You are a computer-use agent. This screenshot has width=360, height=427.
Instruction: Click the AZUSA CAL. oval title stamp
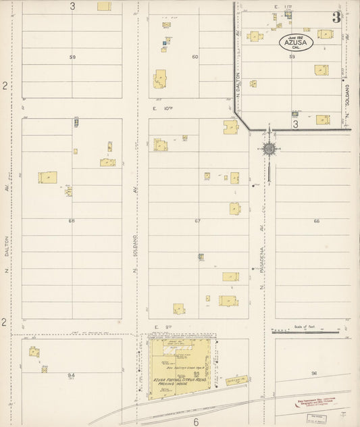click(295, 42)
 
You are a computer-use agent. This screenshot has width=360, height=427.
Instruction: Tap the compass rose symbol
click(269, 148)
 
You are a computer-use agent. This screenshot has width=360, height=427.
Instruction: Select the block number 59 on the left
click(72, 57)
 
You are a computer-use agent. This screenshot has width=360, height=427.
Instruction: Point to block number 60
click(195, 57)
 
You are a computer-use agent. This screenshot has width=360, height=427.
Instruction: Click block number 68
click(72, 220)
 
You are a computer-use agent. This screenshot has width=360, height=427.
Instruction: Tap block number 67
click(198, 221)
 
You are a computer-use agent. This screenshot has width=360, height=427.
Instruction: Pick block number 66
click(315, 221)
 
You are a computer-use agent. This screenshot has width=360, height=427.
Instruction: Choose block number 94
click(71, 375)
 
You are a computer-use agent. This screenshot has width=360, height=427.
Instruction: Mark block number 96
click(314, 373)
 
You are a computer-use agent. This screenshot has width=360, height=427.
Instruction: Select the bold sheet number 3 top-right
click(336, 18)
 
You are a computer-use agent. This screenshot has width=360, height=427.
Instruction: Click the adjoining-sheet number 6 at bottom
click(196, 421)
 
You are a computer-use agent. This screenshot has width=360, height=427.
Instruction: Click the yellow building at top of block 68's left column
click(47, 177)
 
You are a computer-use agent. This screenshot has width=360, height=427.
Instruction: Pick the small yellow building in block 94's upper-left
click(34, 351)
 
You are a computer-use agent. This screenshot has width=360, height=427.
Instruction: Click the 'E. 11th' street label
click(282, 7)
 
